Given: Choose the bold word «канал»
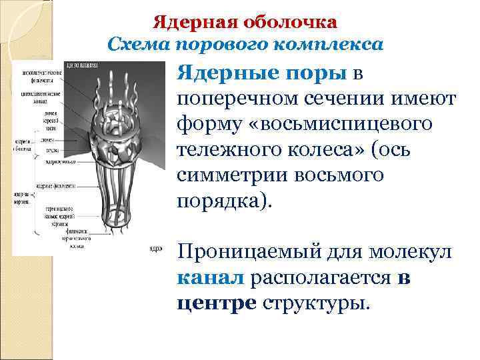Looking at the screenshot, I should tap(211, 279).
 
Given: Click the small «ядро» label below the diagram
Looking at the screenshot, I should tap(155, 247).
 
